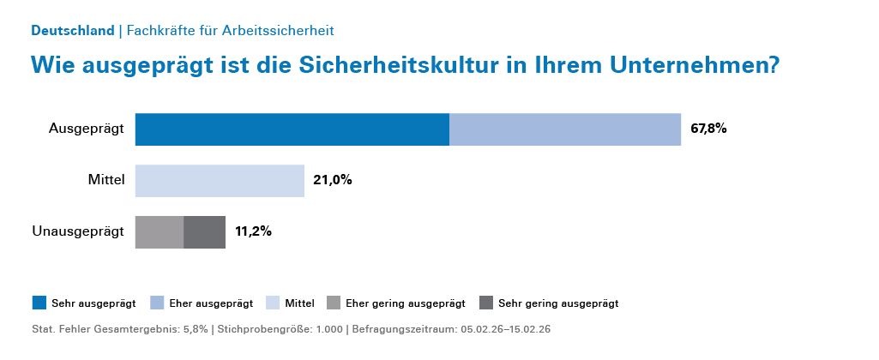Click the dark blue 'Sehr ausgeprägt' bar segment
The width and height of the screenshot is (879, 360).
click(292, 129)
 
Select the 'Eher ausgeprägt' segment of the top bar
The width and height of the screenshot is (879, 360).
click(565, 129)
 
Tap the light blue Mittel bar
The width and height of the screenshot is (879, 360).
click(220, 181)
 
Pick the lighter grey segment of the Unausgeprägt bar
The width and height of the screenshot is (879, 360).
click(160, 231)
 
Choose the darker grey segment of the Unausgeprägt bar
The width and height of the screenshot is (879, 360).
click(205, 231)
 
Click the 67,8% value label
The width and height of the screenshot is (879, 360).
click(708, 129)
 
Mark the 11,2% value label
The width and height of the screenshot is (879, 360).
click(253, 231)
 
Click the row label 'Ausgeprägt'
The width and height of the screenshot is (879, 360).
click(87, 129)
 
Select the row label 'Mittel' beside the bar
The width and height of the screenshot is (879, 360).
click(106, 181)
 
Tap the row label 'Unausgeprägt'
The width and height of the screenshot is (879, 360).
click(78, 231)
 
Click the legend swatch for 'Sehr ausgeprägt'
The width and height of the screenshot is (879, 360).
click(39, 303)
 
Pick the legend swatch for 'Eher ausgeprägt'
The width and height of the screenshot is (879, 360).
click(157, 303)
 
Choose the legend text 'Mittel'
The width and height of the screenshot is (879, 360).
click(300, 303)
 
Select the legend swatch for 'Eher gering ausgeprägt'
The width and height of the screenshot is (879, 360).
click(334, 303)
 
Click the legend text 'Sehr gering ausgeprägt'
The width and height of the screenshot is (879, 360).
click(558, 303)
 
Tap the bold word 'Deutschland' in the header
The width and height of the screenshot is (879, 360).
click(72, 30)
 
